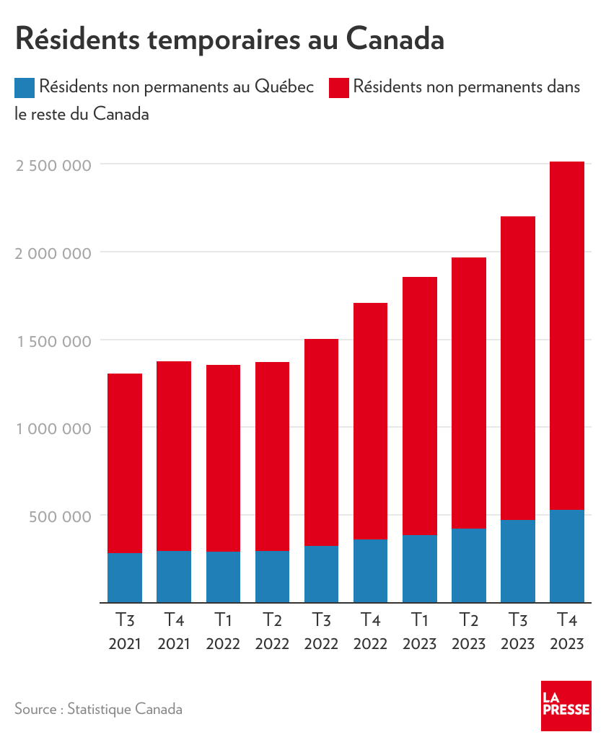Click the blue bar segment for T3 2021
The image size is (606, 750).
point(125,578)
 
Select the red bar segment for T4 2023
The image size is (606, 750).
point(567,335)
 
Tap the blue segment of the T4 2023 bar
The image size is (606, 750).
point(567,556)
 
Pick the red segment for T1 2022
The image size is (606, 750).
point(223,458)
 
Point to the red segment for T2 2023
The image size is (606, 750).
point(469,393)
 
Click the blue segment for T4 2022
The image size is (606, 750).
point(370,570)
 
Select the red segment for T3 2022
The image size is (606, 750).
point(321,442)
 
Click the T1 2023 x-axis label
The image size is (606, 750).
point(419,631)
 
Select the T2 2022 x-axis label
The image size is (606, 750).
point(272,631)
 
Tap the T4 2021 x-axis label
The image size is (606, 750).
point(174,631)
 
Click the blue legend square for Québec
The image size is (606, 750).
point(25,88)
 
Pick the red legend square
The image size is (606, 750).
point(338,88)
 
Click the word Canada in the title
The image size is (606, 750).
point(395,39)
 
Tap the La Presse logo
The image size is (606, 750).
point(566,705)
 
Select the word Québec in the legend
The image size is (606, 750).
point(284,88)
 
